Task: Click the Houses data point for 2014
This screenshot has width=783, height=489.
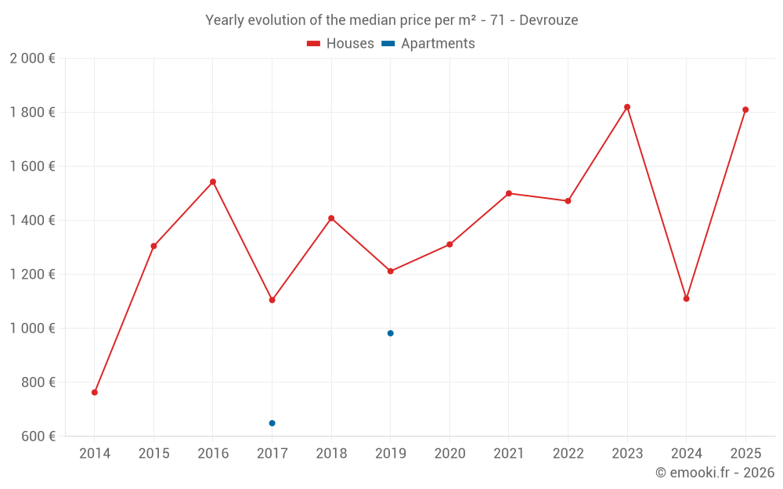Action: [95, 392]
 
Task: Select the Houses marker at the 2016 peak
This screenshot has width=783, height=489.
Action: [213, 182]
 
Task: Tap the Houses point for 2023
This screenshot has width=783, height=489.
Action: [627, 107]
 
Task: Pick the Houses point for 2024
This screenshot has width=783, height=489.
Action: [686, 298]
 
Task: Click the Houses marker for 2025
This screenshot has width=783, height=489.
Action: [745, 110]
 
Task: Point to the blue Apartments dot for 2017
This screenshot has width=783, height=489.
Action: [272, 423]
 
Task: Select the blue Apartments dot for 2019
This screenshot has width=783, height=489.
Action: [390, 333]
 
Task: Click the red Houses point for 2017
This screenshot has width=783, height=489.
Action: [272, 300]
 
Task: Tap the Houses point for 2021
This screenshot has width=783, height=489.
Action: [509, 193]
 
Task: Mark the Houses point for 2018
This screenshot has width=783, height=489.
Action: [331, 218]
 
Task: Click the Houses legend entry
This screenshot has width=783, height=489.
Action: [341, 44]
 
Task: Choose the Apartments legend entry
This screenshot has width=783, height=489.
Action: [428, 44]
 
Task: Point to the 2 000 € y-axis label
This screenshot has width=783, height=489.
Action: [32, 59]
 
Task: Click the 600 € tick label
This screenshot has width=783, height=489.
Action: [37, 436]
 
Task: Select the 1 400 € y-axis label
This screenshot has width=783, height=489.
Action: [32, 221]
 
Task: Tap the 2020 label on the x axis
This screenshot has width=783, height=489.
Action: [449, 454]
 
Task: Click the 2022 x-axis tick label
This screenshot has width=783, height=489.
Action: [568, 454]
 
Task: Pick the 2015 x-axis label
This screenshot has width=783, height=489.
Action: [153, 454]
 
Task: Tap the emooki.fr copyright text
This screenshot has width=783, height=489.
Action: [715, 473]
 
